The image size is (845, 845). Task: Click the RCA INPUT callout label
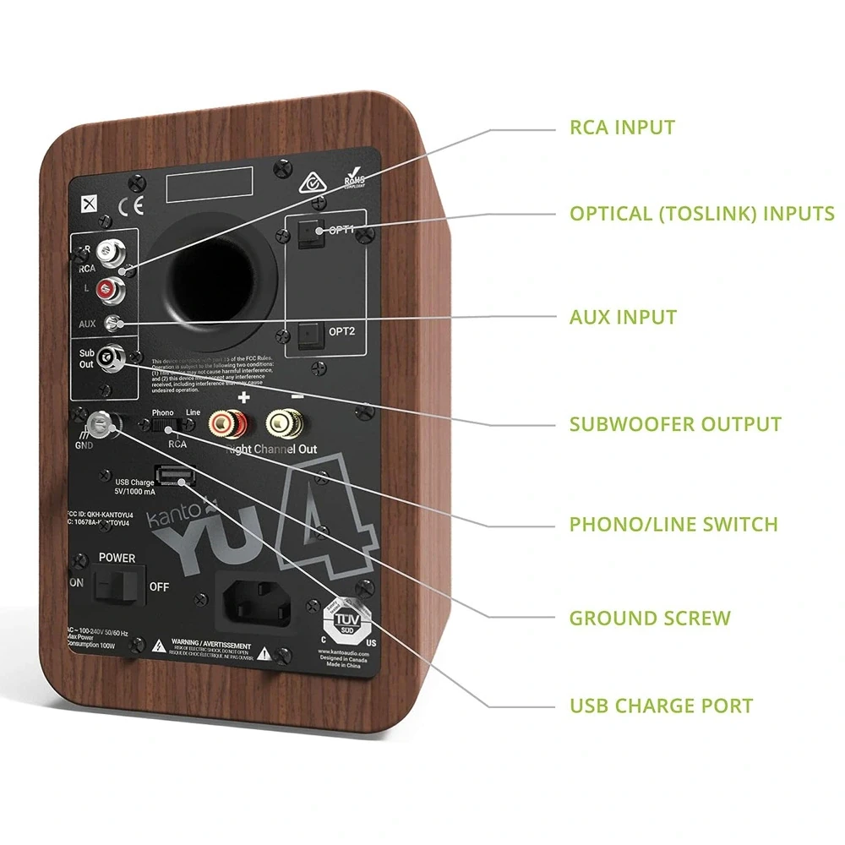coord(622,128)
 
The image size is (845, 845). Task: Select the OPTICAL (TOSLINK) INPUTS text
coord(701,213)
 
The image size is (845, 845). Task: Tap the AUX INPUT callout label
coord(623,318)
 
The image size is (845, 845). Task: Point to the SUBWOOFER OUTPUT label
coord(675,423)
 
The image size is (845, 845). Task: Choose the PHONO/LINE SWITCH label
coord(673,524)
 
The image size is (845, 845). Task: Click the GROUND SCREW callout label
coord(649,618)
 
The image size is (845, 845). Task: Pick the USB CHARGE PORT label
coord(661,706)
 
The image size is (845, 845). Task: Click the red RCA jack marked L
coord(108,292)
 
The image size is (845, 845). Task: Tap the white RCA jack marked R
coord(108,251)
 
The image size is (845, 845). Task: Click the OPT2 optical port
coord(308,335)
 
